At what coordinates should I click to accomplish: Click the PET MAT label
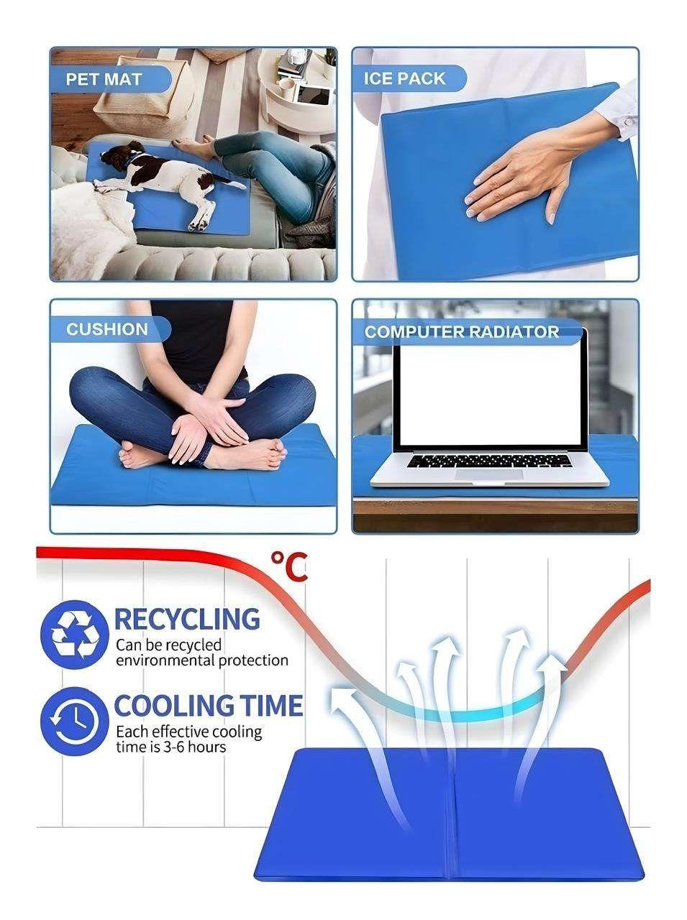105,78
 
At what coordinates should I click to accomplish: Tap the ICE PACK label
404,78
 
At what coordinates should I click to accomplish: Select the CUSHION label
106,330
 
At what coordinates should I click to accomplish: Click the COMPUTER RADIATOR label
461,332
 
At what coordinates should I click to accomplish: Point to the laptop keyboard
488,460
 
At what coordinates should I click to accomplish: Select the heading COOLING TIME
209,707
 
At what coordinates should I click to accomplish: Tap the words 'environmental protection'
201,661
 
